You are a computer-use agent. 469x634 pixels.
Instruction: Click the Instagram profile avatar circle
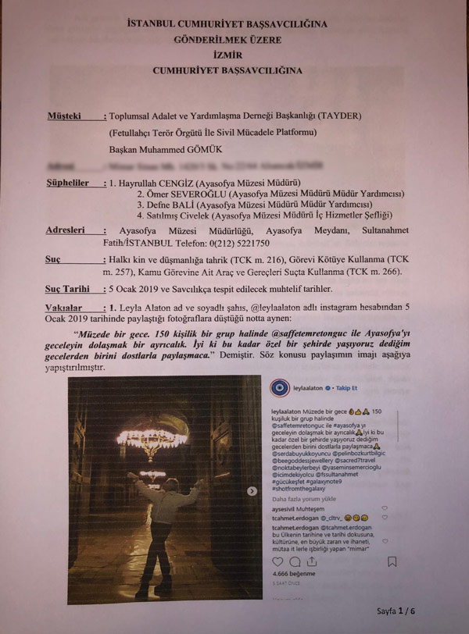click(x=280, y=388)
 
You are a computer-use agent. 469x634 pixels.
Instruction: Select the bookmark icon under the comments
click(x=392, y=561)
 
